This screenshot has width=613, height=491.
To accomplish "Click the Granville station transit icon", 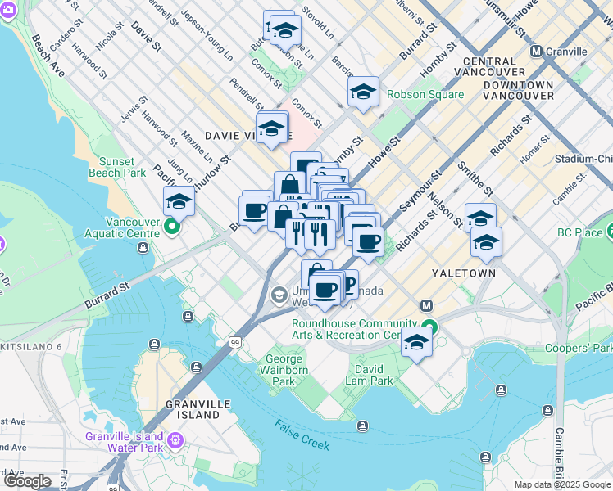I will point(538,52).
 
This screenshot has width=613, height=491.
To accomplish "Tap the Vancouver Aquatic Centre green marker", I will point(172,227).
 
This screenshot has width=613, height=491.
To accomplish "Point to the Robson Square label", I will point(425,94).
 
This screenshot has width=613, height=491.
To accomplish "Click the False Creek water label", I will point(302,435).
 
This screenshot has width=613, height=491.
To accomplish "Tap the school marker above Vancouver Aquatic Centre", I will point(179,200).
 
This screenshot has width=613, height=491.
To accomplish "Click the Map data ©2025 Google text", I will point(562,484).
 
